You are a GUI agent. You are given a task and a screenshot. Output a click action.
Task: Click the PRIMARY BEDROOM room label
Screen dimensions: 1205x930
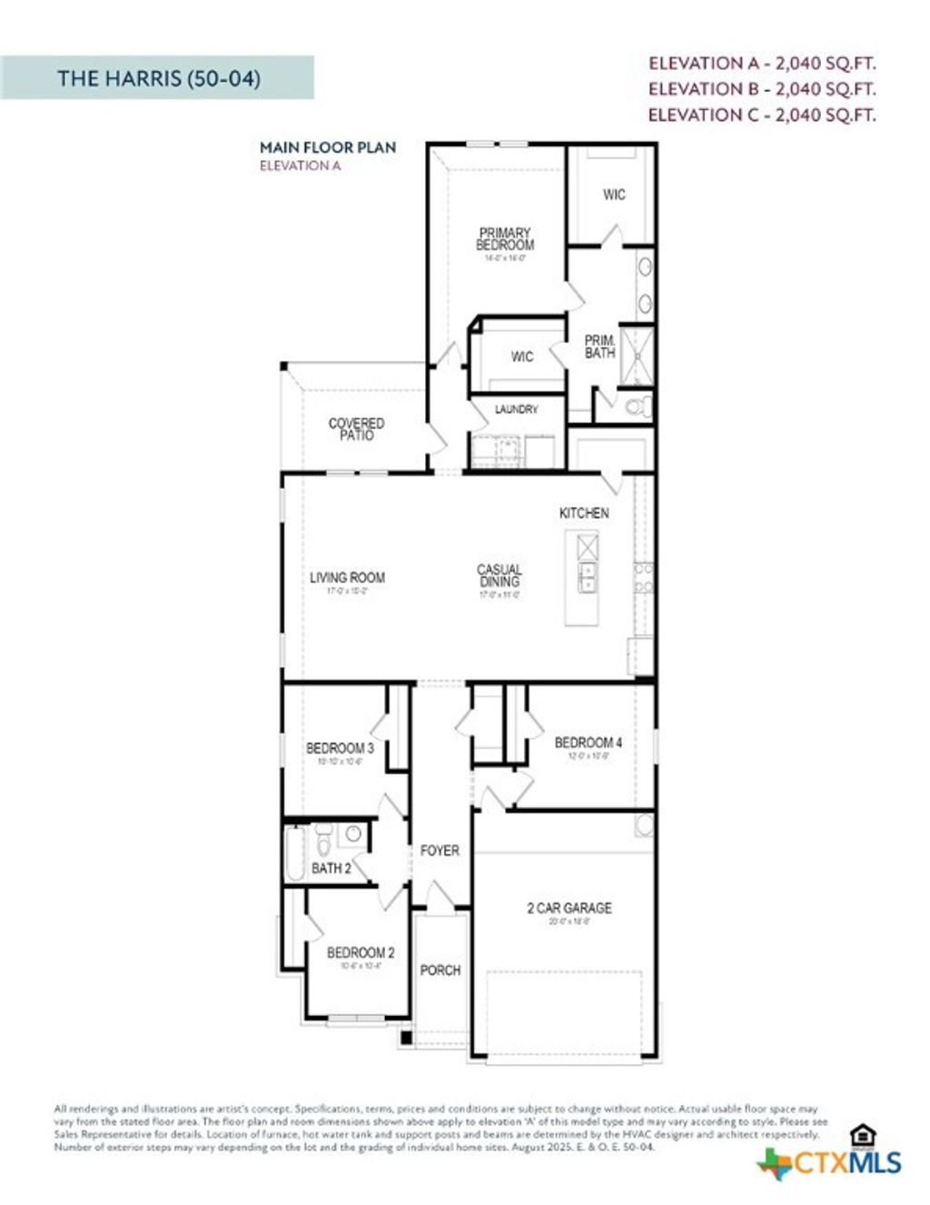505,239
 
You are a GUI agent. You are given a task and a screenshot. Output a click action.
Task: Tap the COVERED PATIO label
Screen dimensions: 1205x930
356,429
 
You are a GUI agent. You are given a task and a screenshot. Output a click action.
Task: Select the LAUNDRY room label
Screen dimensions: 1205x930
516,410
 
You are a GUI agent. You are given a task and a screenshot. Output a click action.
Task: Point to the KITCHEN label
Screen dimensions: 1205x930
584,513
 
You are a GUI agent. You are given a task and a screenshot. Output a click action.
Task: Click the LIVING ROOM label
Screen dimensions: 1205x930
347,577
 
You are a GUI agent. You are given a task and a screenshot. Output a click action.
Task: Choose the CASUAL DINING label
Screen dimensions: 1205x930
500,576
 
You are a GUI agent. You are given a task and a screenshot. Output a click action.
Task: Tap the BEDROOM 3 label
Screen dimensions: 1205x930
340,748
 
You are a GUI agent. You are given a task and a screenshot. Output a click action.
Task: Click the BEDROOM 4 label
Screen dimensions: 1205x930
588,742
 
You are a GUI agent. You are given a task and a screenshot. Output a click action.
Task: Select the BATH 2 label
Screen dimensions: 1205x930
331,868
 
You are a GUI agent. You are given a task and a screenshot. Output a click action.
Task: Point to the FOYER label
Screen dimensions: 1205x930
440,851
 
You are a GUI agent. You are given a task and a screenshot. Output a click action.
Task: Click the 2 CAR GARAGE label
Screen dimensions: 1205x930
569,908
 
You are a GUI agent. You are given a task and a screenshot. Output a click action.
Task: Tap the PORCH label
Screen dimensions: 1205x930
440,971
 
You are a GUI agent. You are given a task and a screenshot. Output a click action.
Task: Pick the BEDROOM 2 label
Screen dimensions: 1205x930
361,952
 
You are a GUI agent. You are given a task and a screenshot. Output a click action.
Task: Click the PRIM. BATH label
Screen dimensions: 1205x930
599,346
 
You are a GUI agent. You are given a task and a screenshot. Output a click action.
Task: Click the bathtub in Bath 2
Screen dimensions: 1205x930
296,853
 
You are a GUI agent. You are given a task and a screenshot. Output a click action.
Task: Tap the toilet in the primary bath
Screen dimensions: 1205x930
639,405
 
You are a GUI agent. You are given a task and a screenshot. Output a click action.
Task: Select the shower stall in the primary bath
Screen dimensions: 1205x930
637,354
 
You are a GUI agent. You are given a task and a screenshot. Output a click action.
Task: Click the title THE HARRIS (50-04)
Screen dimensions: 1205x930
159,78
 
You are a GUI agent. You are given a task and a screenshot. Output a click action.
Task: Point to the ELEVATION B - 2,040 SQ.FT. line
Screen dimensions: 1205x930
762,89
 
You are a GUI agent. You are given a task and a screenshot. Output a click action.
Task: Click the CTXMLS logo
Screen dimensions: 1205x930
831,1161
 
